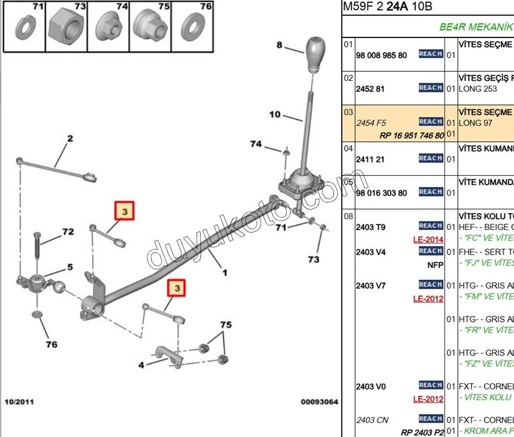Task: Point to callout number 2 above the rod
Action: tap(70, 139)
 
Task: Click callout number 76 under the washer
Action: tap(51, 344)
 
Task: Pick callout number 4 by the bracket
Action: tap(141, 365)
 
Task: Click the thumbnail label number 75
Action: tap(164, 7)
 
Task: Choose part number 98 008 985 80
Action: tap(381, 55)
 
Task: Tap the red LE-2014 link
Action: tap(429, 239)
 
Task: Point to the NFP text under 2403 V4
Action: tap(435, 264)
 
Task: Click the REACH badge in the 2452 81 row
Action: tap(431, 88)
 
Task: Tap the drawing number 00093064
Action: tap(319, 401)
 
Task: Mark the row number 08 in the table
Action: tap(348, 215)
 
